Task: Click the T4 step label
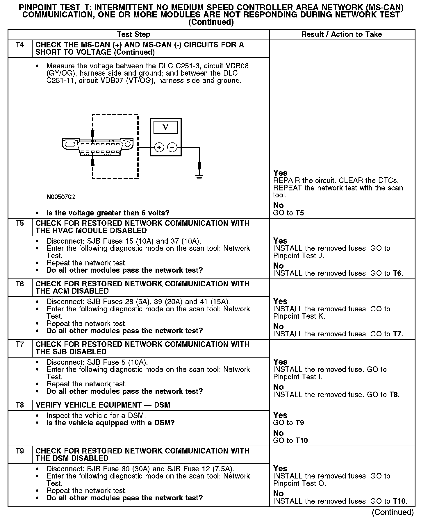[20, 45]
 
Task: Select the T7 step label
[20, 344]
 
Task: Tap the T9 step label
[20, 451]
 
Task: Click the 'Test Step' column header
[133, 35]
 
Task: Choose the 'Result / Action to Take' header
[341, 35]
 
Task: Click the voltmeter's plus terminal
[159, 148]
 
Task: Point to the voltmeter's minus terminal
[172, 148]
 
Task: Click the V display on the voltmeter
[165, 127]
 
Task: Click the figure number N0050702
[61, 197]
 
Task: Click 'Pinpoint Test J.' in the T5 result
[298, 256]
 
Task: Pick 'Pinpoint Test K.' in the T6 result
[299, 316]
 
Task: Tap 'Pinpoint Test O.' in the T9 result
[299, 483]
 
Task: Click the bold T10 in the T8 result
[302, 441]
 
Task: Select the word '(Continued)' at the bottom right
[393, 512]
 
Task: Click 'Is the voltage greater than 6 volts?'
[108, 213]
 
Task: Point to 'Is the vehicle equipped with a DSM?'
[110, 423]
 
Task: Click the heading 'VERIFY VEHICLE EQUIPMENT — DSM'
[103, 405]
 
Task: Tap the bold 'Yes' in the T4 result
[280, 173]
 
